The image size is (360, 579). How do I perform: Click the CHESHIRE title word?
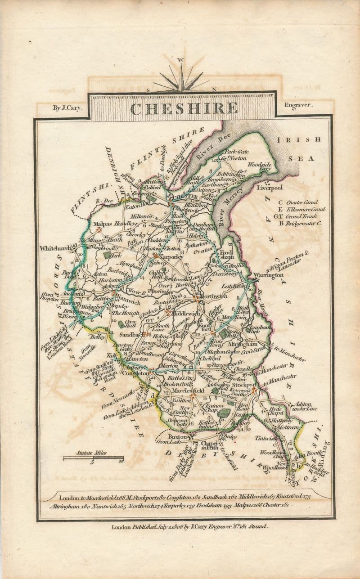click(184, 108)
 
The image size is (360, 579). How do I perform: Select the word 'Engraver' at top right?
click(298, 105)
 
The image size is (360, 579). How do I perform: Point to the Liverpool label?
click(269, 188)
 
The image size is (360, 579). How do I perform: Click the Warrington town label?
click(268, 275)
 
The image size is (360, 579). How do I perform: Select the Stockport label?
click(245, 385)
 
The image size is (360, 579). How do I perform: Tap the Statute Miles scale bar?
click(93, 458)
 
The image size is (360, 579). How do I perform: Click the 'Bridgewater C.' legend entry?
click(302, 223)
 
